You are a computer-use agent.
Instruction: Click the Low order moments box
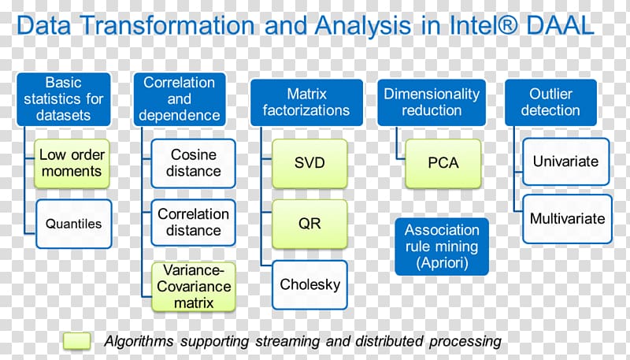pos(72,164)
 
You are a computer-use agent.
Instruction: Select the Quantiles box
pos(73,224)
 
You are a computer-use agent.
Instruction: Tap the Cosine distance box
pos(193,163)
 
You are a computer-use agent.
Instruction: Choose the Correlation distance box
pos(193,223)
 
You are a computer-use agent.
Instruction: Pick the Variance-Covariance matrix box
pos(193,287)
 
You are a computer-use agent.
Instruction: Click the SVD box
pos(309,163)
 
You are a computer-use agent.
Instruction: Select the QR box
pos(309,224)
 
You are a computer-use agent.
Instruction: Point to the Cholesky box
pos(309,285)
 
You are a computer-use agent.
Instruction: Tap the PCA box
pos(443,163)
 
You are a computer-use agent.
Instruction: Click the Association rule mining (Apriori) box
pos(442,247)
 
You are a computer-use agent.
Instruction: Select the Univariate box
pos(565,161)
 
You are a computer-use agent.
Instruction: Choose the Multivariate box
pos(567,219)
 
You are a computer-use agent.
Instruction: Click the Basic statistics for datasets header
pos(64,99)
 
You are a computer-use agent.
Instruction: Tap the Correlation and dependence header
pos(180,99)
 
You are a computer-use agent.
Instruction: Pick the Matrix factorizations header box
pos(306,102)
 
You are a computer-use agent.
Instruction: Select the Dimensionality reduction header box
pos(432,102)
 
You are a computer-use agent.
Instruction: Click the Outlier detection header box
pos(550,102)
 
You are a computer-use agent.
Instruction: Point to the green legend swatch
pos(76,341)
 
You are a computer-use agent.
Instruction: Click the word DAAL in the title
pos(560,25)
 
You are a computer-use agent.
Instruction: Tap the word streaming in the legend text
pos(287,342)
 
